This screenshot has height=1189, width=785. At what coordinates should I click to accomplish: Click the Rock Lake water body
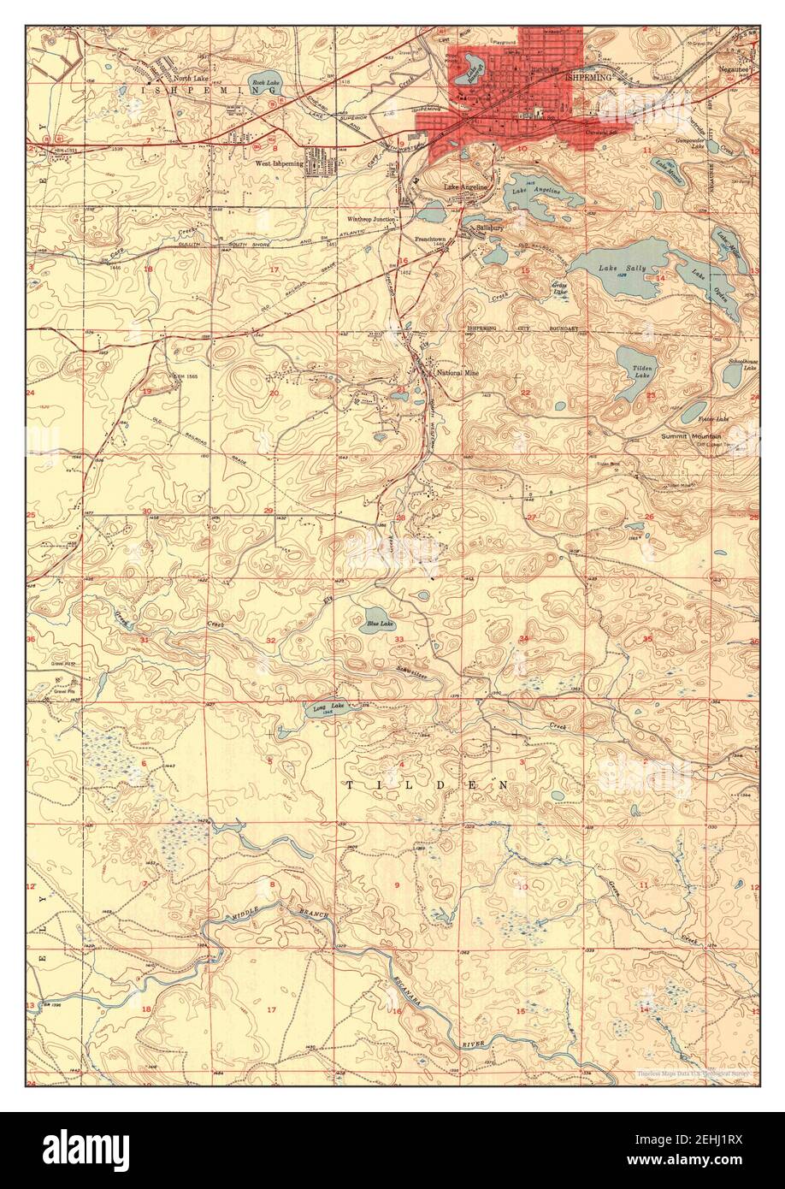point(264,84)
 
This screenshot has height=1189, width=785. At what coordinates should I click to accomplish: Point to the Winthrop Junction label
point(372,219)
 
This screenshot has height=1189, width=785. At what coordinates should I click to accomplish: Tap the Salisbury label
point(491,228)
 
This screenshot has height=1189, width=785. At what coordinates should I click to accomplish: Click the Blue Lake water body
point(375,618)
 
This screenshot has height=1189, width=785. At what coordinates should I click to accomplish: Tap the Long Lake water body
point(325,710)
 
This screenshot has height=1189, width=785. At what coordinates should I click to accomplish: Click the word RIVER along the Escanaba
point(473,1045)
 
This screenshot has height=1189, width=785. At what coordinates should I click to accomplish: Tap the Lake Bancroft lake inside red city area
point(468,74)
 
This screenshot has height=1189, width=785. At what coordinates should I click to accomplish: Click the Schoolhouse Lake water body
point(733,377)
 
